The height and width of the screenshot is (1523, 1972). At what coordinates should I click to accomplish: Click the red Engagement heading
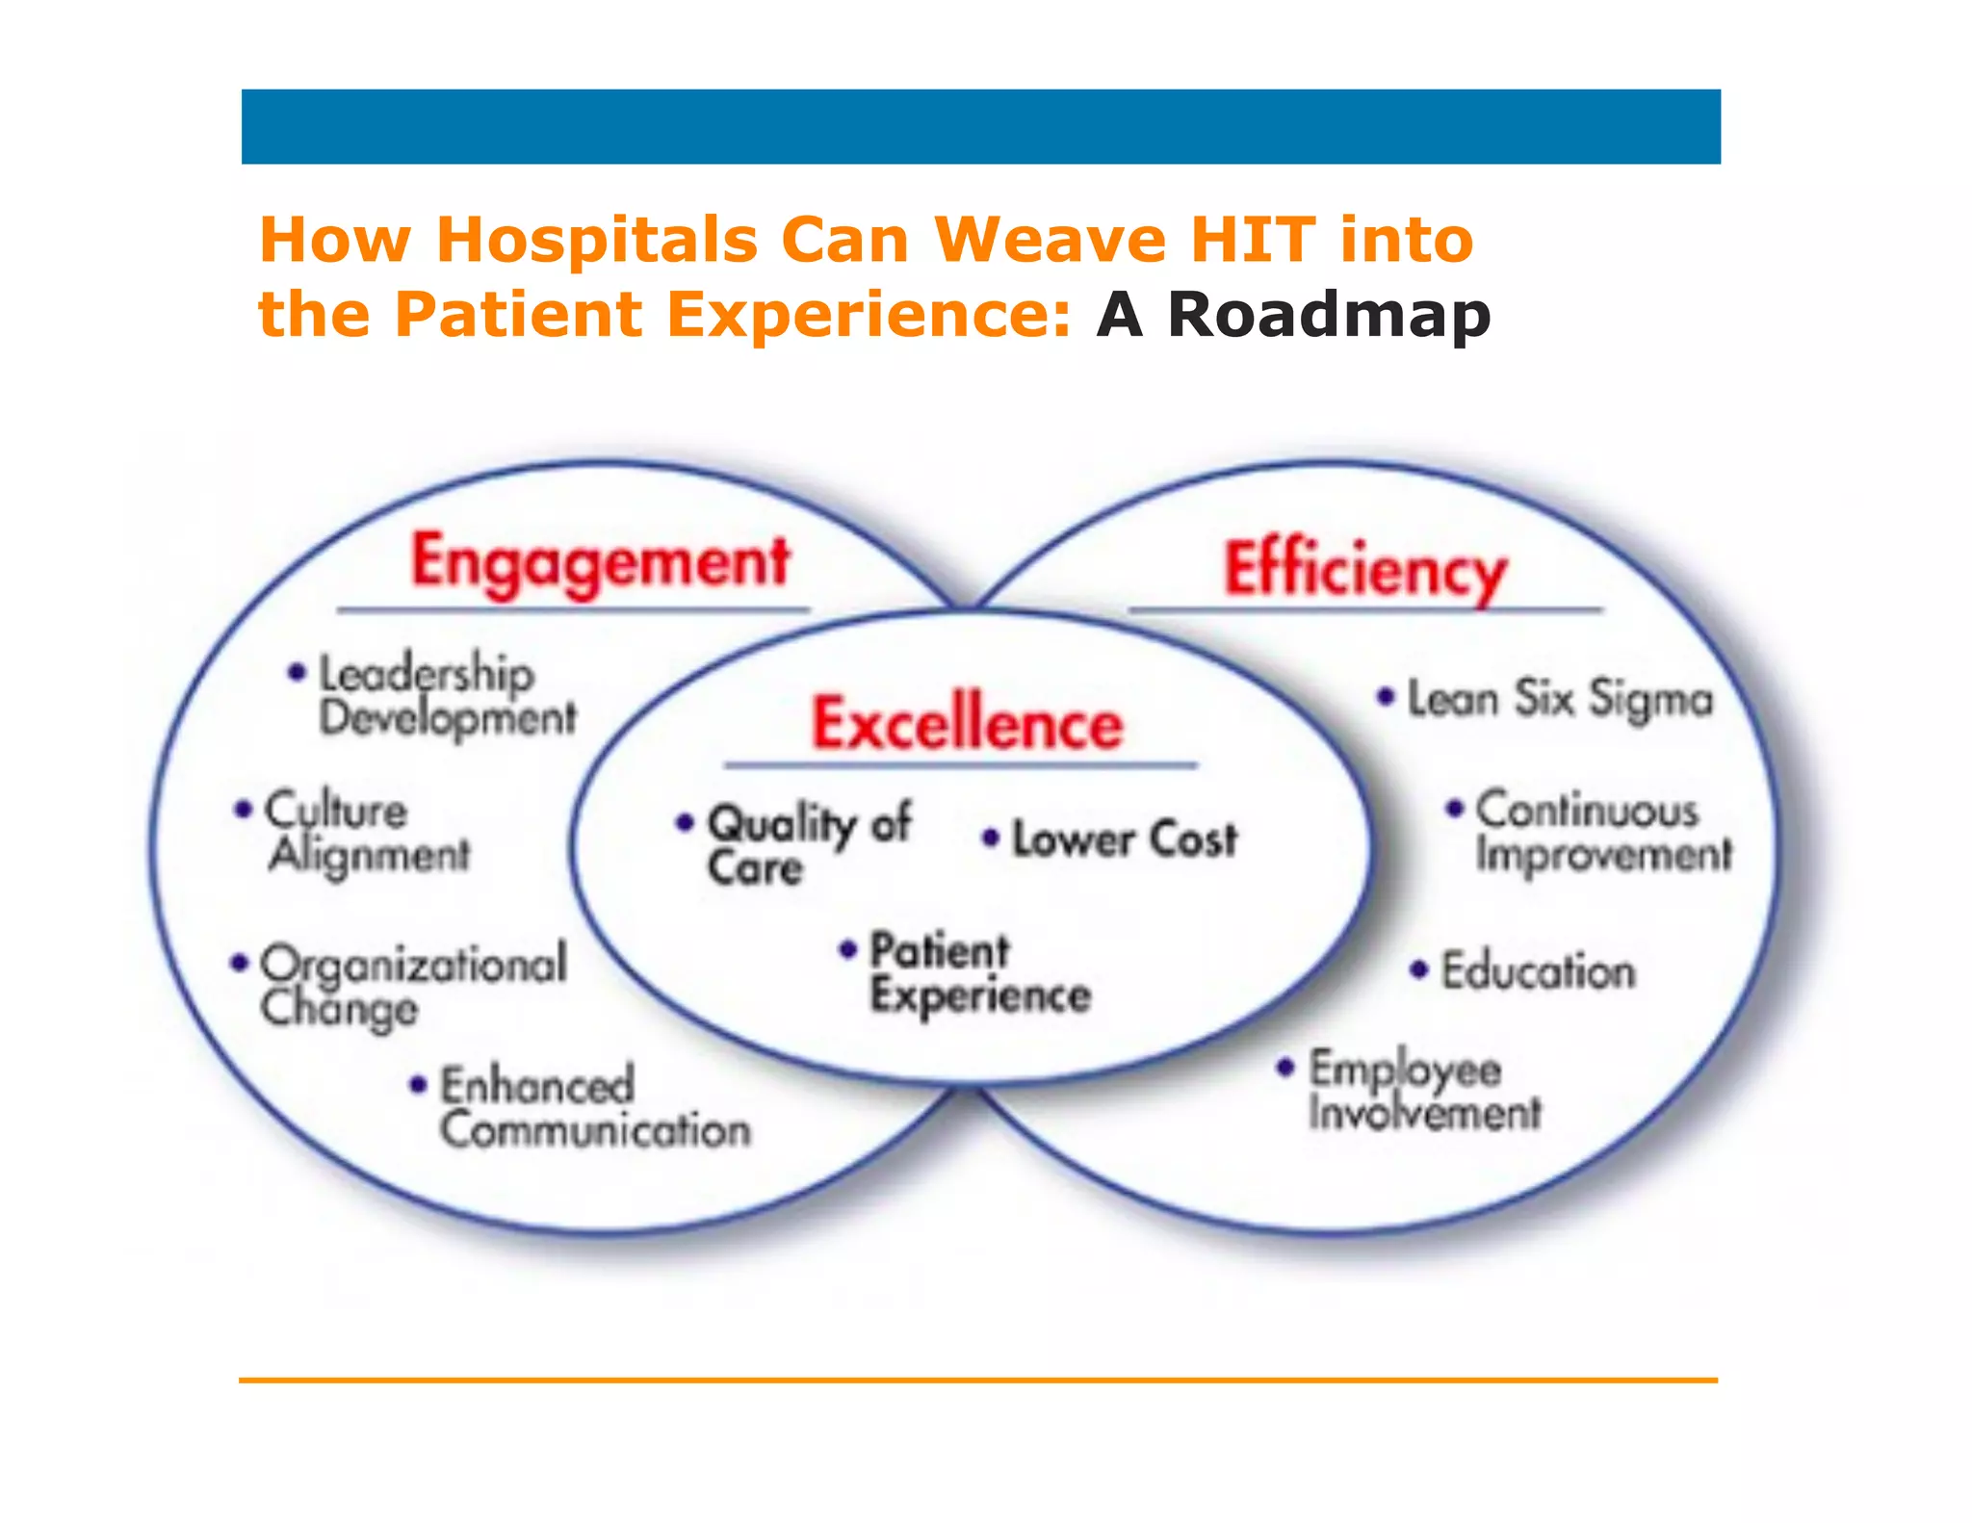pos(600,563)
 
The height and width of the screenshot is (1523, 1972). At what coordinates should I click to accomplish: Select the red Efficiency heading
pos(1364,570)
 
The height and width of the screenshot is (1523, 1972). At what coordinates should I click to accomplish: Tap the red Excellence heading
pos(967,724)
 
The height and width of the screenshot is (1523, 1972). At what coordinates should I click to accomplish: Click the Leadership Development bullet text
pos(446,695)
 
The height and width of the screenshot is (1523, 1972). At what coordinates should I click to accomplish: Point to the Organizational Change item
pos(412,986)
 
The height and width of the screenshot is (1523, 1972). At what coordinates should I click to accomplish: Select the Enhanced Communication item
pos(593,1108)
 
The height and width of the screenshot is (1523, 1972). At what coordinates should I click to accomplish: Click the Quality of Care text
pos(807,844)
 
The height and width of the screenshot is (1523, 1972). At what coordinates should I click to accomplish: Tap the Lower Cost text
pos(1124,839)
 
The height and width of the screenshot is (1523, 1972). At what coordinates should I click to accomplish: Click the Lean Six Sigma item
pos(1560,699)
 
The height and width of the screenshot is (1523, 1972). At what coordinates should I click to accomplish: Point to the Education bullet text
pos(1538,970)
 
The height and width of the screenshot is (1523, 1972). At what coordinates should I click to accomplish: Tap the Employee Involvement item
pos(1423,1091)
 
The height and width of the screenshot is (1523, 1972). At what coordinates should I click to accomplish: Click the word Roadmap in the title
pos(1329,315)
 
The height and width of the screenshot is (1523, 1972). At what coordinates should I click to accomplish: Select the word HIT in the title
pos(1253,240)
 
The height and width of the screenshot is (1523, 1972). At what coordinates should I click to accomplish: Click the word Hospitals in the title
pos(597,240)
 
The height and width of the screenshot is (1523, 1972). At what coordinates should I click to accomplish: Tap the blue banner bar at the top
pos(980,127)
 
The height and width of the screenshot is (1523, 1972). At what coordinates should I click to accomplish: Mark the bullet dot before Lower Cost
pos(990,838)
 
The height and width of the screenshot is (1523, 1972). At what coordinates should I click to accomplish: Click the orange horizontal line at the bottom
pos(978,1380)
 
